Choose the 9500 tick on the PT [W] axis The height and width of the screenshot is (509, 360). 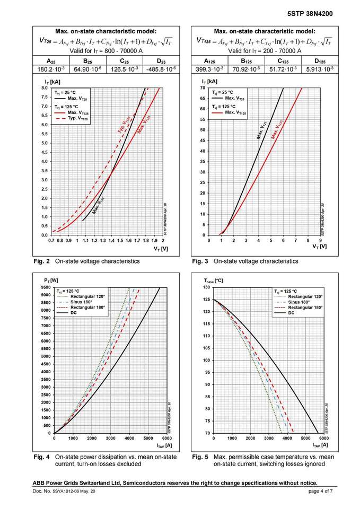46,287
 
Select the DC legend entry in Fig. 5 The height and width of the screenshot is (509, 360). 291,313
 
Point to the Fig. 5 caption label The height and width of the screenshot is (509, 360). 200,457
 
